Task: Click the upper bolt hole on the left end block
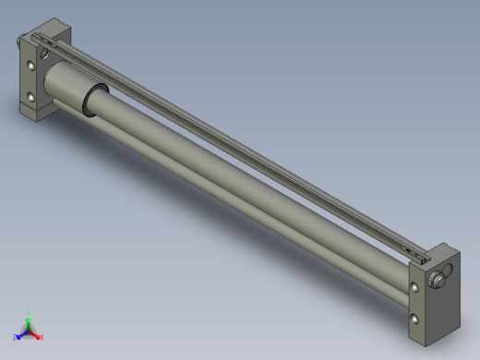coord(32,66)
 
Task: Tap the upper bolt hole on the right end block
coord(414,288)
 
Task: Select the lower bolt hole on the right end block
coord(414,318)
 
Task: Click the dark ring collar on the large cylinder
coord(95,98)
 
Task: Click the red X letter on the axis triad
coord(42,336)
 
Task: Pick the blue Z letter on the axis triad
coord(16,337)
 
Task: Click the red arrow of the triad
coord(35,333)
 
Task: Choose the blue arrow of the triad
coord(21,334)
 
